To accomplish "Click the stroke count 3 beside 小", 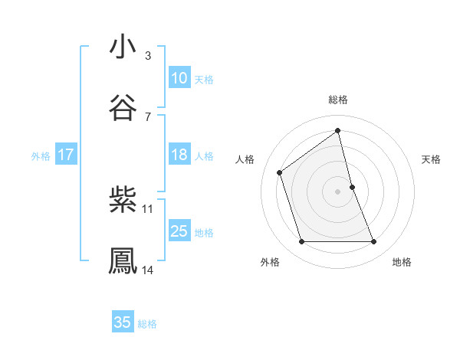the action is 148,55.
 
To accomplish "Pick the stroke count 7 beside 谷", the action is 148,116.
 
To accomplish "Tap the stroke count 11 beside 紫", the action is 148,208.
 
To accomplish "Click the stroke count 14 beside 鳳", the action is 148,270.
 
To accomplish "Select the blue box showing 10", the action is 179,78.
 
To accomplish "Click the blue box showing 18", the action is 179,155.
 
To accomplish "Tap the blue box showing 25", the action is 179,231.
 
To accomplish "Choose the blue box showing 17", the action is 66,155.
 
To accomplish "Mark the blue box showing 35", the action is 123,322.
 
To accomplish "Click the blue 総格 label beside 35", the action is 147,324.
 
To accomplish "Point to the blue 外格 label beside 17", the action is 41,156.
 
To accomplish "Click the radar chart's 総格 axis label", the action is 338,100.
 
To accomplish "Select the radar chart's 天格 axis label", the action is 431,159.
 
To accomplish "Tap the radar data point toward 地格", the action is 374,242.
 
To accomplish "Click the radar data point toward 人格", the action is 280,172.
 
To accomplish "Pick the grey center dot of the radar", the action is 338,191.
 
